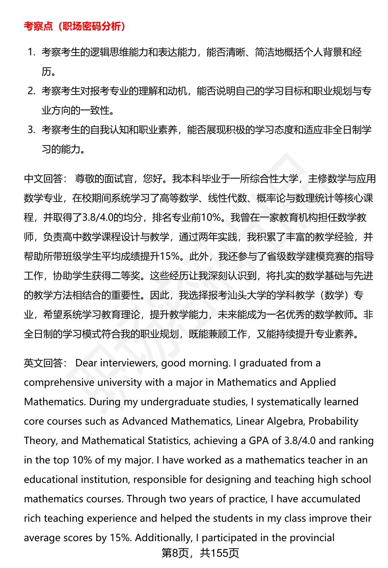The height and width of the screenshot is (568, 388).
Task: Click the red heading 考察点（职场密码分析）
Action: [75, 26]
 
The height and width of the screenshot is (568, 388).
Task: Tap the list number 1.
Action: [31, 52]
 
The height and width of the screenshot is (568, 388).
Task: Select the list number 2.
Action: [31, 91]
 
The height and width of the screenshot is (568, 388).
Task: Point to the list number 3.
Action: [31, 130]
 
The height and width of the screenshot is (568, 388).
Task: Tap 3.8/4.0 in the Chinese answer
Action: [96, 217]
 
